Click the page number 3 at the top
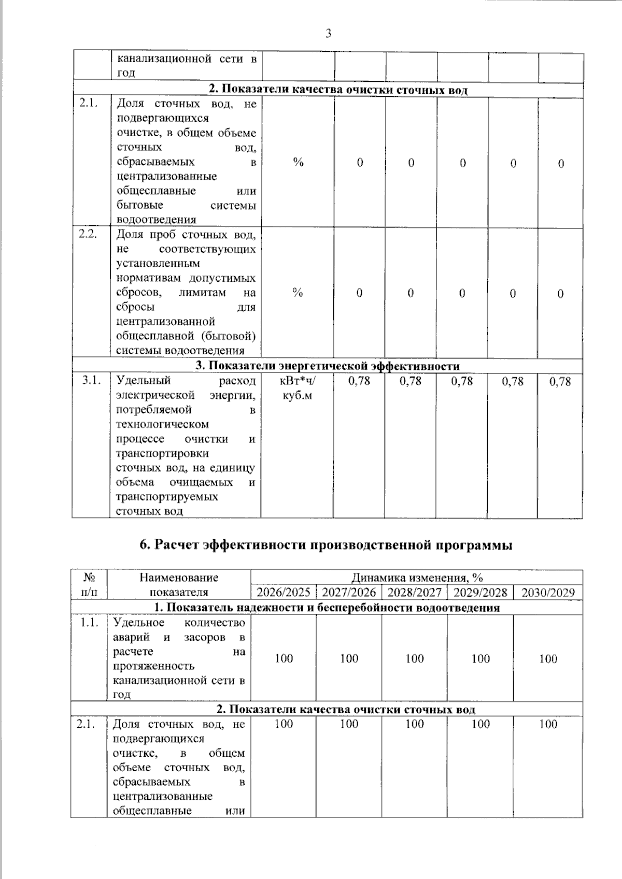pyautogui.click(x=328, y=34)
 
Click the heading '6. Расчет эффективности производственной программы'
pyautogui.click(x=326, y=545)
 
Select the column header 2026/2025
pyautogui.click(x=284, y=593)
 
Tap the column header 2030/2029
pyautogui.click(x=548, y=593)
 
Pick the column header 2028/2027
pyautogui.click(x=414, y=593)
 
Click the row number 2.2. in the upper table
pyautogui.click(x=89, y=234)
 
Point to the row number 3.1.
pyautogui.click(x=91, y=381)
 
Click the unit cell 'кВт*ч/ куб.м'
pyautogui.click(x=297, y=388)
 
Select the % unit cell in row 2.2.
pyautogui.click(x=297, y=293)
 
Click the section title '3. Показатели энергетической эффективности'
pyautogui.click(x=328, y=366)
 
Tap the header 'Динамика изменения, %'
pyautogui.click(x=417, y=578)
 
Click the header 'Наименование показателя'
pyautogui.click(x=179, y=585)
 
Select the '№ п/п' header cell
pyautogui.click(x=89, y=585)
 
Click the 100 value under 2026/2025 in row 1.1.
pyautogui.click(x=284, y=658)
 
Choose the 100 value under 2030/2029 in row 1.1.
pyautogui.click(x=548, y=659)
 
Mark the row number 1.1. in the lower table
pyautogui.click(x=89, y=623)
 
